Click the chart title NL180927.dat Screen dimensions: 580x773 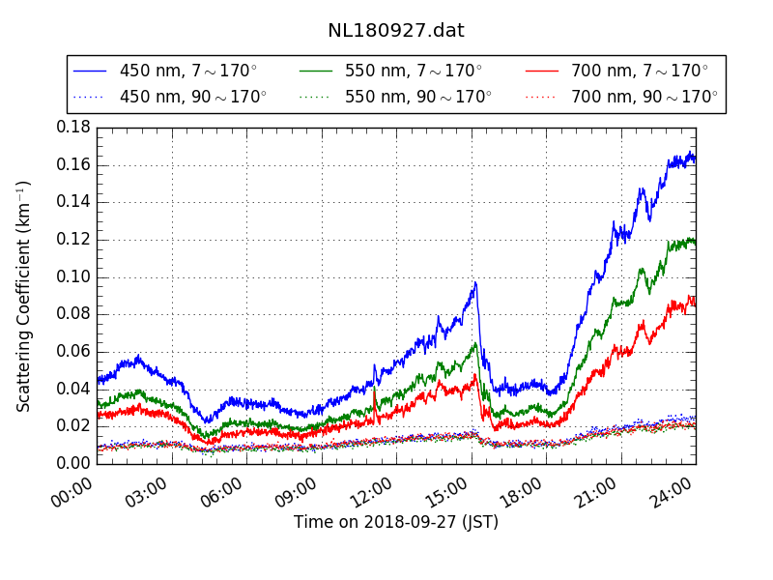pos(395,31)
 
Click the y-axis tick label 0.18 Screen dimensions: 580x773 pos(73,128)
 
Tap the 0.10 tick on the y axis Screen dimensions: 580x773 pos(73,277)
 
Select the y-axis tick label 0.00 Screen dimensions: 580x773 pos(73,464)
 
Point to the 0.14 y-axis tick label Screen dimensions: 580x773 pos(73,202)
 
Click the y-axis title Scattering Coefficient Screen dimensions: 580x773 pos(24,296)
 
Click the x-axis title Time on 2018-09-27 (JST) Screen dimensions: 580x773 pos(396,523)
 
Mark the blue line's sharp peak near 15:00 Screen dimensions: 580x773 pos(475,283)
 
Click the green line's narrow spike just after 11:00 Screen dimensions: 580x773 pos(374,389)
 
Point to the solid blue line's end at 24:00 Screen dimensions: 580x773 pos(695,158)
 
